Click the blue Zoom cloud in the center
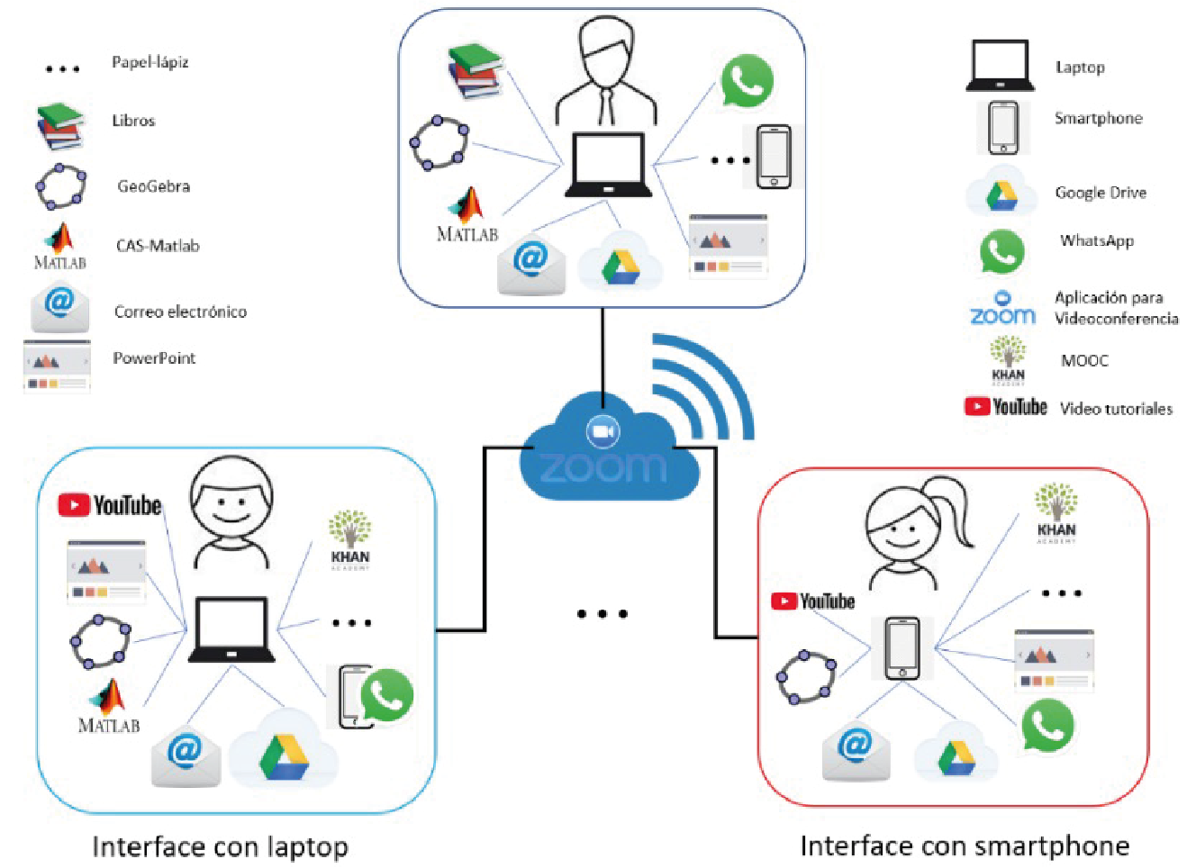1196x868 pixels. click(609, 448)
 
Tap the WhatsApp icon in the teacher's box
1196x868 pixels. click(747, 81)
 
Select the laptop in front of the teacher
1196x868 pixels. click(609, 165)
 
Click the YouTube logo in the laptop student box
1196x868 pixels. click(110, 505)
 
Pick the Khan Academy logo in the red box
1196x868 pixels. click(1056, 512)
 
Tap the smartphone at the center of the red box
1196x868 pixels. click(902, 648)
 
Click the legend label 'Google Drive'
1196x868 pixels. click(1101, 192)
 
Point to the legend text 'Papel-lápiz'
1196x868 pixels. click(150, 62)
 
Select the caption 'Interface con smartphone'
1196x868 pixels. click(965, 846)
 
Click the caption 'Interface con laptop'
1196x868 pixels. click(220, 847)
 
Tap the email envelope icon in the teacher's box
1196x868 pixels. click(530, 264)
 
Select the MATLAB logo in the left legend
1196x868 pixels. click(60, 247)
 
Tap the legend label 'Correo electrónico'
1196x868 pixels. click(180, 312)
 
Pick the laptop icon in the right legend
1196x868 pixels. click(1000, 65)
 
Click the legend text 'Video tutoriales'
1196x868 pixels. click(1117, 409)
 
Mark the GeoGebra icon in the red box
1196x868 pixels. click(806, 677)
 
